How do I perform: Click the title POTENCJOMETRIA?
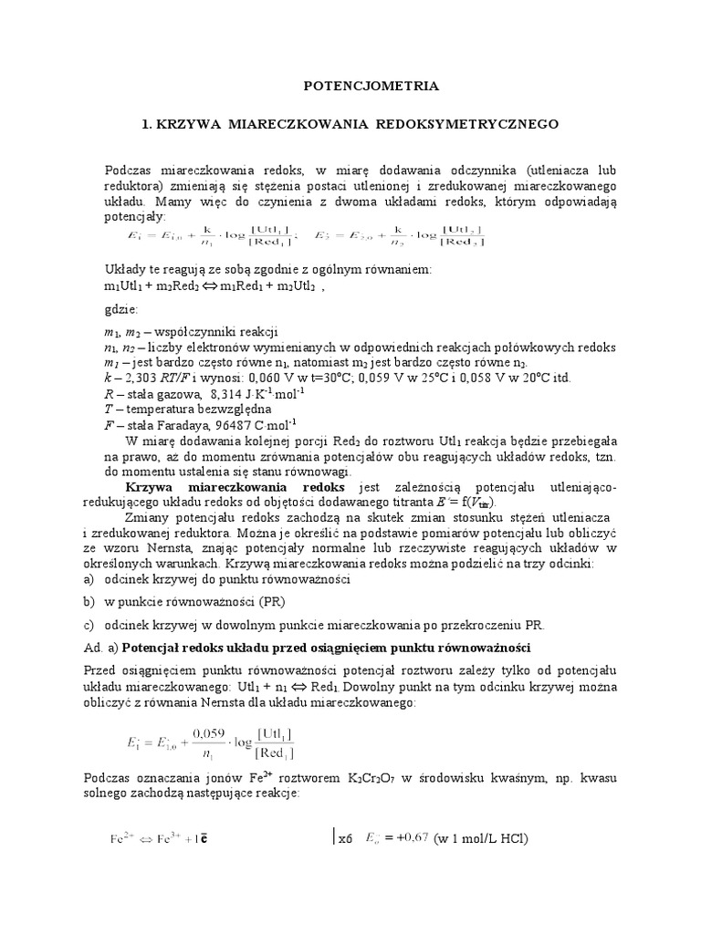371,86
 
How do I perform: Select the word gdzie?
122,309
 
